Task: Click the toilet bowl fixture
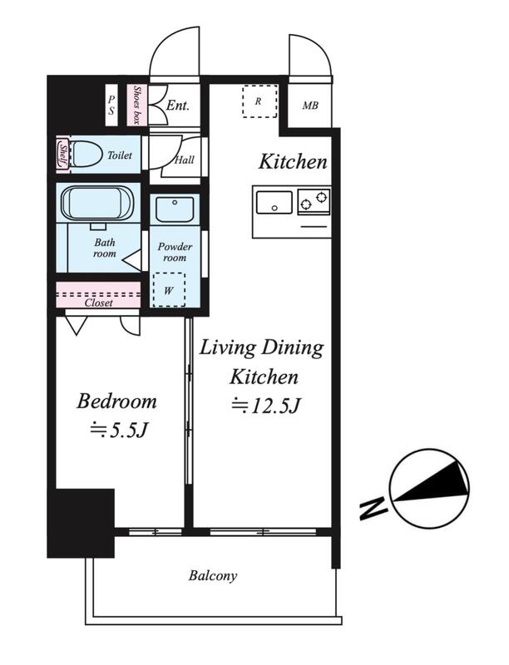coord(86,155)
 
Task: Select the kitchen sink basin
coord(274,203)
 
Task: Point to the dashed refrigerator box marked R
coord(259,101)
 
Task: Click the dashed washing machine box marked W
coord(169,289)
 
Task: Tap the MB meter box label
coord(310,106)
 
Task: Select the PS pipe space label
coord(111,105)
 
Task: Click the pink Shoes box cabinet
coord(136,106)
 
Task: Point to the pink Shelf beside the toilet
coord(62,155)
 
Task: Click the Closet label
coord(99,303)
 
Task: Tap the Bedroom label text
coord(116,401)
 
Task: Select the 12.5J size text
coord(266,406)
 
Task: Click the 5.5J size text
coord(119,430)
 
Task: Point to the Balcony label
coord(213,575)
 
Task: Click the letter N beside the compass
coord(373,509)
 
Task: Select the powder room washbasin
coord(175,209)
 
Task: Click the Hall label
coord(185,160)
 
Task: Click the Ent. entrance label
coord(177,106)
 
